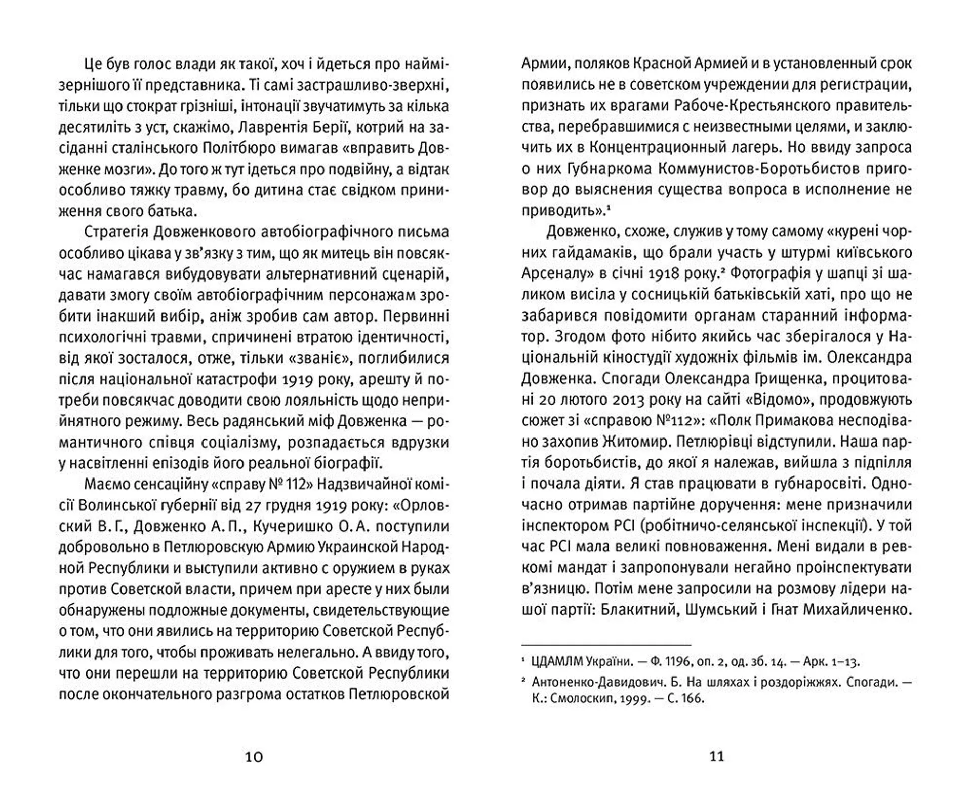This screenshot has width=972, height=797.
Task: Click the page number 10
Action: click(x=254, y=757)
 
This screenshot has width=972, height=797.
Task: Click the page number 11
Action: click(x=717, y=756)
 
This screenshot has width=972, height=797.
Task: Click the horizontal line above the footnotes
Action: click(x=606, y=645)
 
